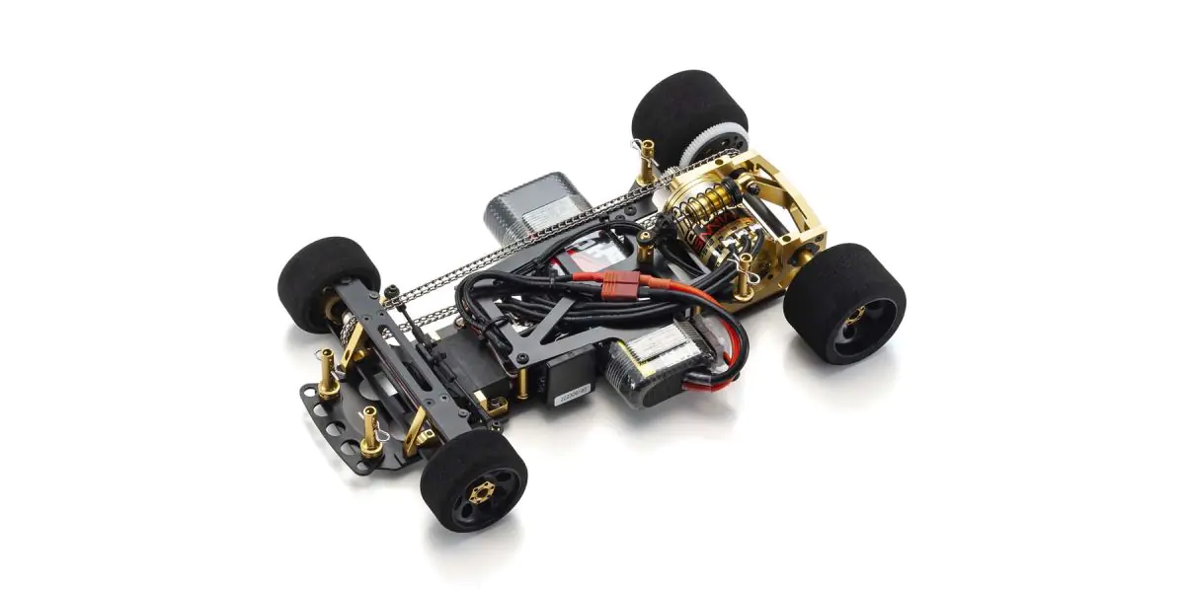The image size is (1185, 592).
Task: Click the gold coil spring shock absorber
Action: tap(697, 213)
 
